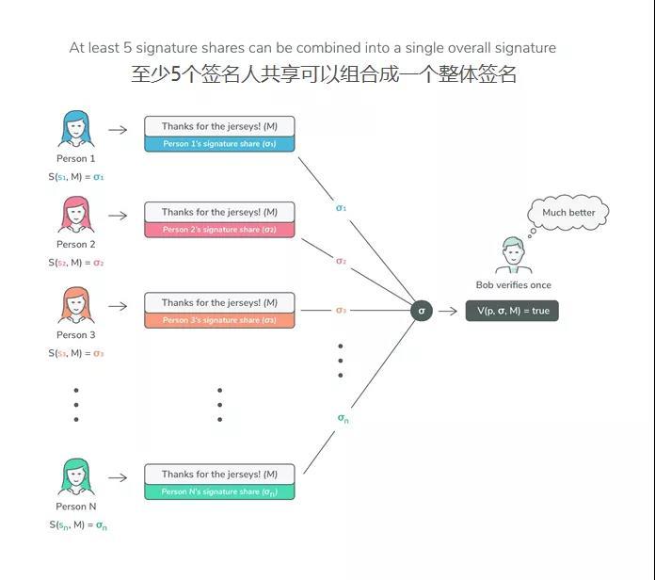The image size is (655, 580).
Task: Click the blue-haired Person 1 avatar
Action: click(76, 129)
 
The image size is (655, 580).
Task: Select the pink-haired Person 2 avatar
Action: click(76, 215)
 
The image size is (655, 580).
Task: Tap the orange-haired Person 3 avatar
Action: click(76, 306)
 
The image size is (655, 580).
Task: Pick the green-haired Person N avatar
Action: click(76, 477)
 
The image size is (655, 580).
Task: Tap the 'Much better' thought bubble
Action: click(568, 213)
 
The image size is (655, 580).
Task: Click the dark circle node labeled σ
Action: click(422, 310)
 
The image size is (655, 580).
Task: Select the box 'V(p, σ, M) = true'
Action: click(512, 311)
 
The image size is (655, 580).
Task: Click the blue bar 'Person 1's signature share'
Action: click(219, 144)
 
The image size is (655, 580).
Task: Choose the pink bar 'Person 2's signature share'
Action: click(219, 230)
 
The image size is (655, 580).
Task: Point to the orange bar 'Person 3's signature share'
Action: click(219, 320)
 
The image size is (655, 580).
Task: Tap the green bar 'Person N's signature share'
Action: click(219, 491)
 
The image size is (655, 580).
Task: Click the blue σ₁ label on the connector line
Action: click(341, 207)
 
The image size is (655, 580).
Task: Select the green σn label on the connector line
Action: click(343, 418)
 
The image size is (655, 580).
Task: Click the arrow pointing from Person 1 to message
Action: click(118, 130)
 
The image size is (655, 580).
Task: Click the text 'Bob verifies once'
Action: click(514, 285)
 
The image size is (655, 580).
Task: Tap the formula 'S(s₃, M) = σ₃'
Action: click(76, 354)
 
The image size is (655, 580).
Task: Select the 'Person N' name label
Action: click(76, 507)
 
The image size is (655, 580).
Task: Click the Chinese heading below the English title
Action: click(324, 73)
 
